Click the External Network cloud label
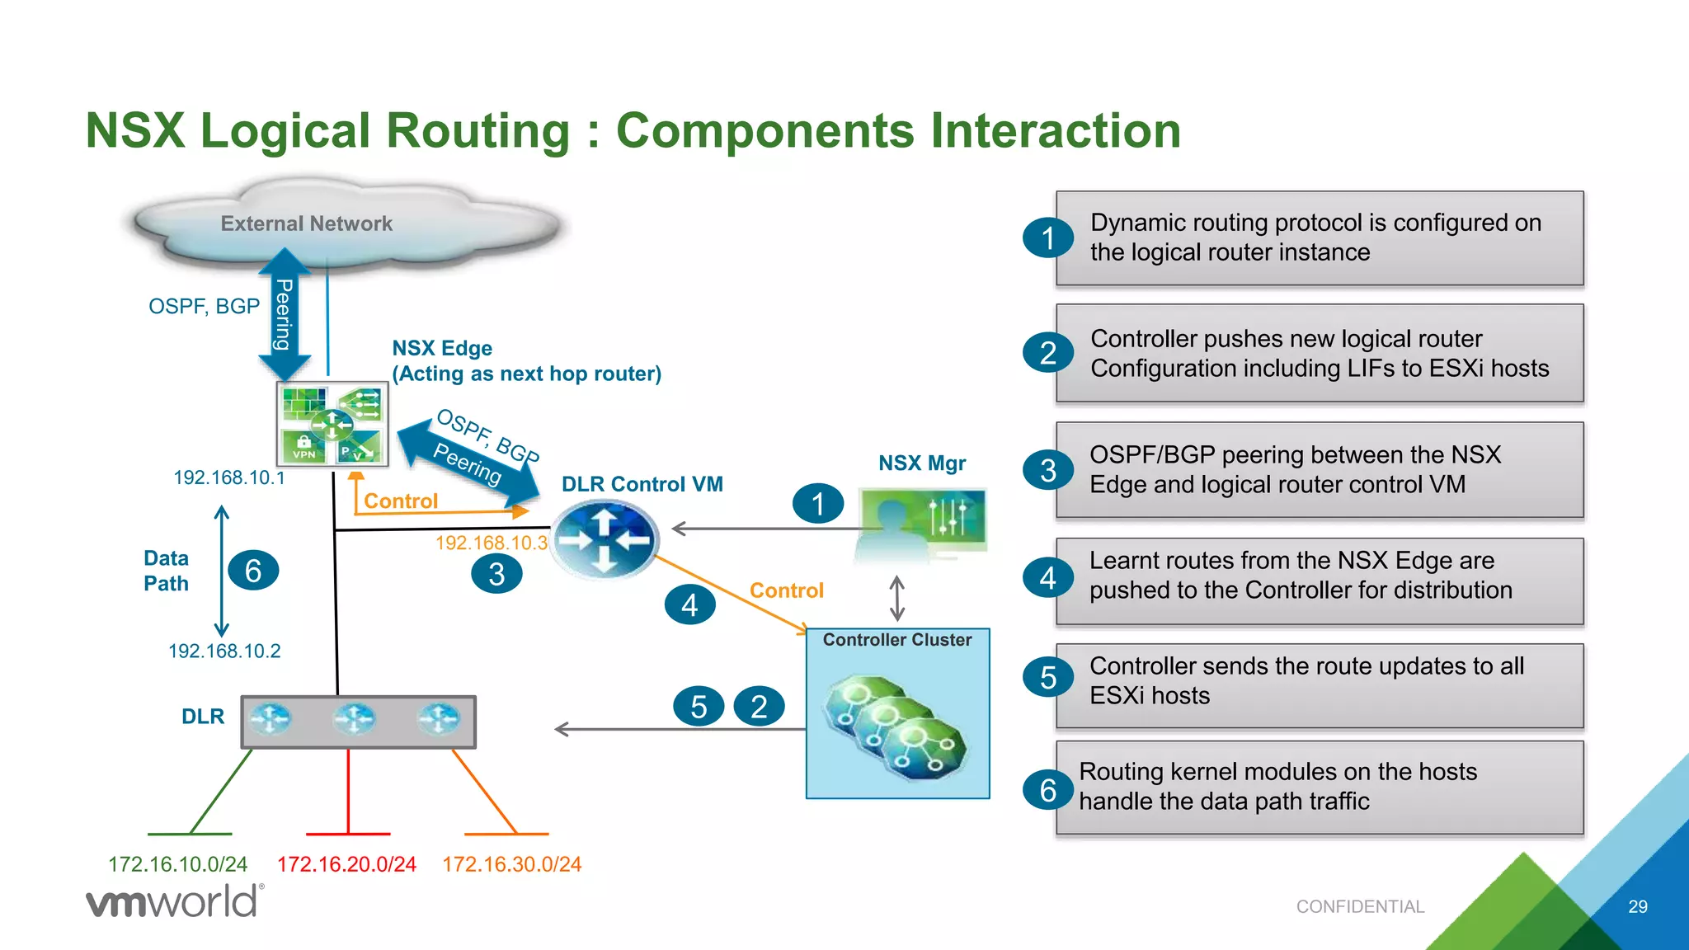pos(306,223)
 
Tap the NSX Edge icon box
pos(332,424)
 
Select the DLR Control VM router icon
pos(605,539)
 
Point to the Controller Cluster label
pos(896,640)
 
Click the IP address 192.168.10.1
pos(229,477)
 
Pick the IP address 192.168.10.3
pos(492,543)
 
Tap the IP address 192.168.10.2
pos(224,651)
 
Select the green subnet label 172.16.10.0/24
pos(177,864)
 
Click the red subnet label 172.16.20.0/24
pos(346,864)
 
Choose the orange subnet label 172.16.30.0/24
pos(511,864)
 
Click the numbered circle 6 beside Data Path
pos(253,571)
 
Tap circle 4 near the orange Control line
pos(689,605)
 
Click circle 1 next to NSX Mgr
pos(817,504)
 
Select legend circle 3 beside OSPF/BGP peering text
pos(1047,470)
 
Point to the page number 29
pos(1637,907)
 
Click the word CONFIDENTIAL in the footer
pos(1360,907)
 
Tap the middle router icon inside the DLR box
pos(355,719)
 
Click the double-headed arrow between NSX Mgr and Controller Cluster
pos(897,599)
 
